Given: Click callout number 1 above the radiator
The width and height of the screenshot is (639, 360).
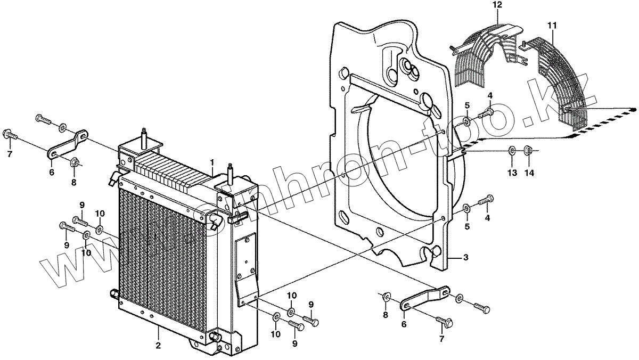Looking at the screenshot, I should (212, 161).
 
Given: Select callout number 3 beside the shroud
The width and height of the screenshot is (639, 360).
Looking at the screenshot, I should (465, 258).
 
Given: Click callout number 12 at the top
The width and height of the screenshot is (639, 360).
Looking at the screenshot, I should (496, 5).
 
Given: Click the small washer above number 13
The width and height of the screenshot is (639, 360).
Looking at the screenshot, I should (511, 150).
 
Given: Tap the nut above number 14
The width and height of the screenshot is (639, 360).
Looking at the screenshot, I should (529, 150).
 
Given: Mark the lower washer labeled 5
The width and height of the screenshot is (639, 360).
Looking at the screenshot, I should (466, 208).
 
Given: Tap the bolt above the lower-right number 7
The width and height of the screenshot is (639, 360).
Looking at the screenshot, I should (446, 321).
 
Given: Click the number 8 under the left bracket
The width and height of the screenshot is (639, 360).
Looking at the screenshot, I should (73, 182).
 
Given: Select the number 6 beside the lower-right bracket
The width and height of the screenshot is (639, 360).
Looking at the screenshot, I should (404, 324).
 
